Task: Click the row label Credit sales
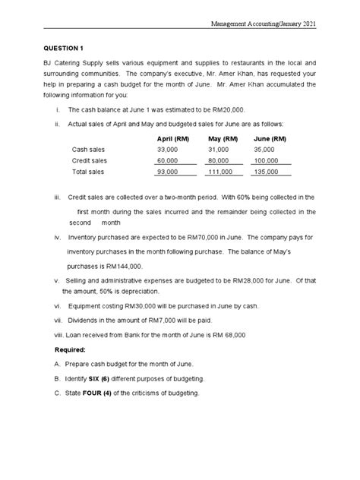(x=89, y=161)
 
